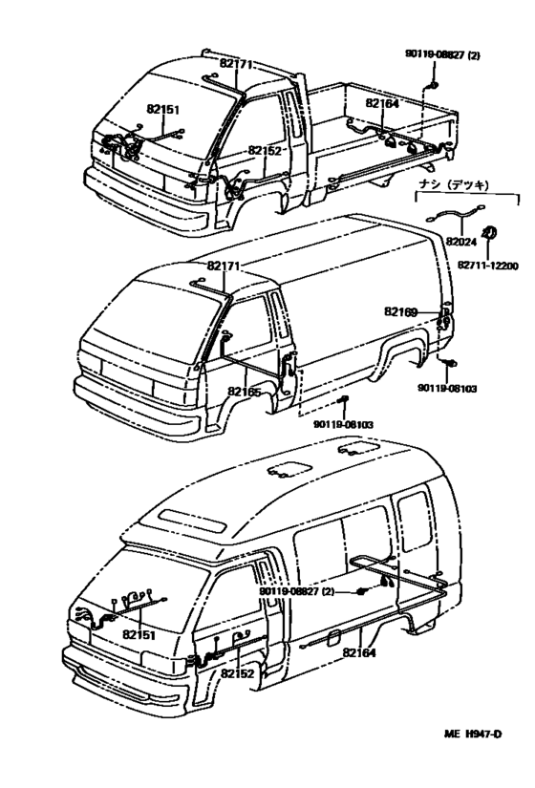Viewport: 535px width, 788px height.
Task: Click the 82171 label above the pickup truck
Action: click(236, 64)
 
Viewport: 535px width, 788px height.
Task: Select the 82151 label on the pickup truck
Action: click(161, 110)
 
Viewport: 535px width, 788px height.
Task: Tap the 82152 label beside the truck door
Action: click(265, 150)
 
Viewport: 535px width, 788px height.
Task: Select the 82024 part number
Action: click(460, 242)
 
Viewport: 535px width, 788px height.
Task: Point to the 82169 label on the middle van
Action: click(402, 311)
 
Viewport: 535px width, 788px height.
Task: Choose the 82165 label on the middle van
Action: click(245, 391)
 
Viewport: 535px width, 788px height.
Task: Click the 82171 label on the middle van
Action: click(223, 265)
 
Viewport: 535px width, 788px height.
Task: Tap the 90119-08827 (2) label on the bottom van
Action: click(298, 592)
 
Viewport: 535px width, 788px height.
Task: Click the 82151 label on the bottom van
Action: click(139, 634)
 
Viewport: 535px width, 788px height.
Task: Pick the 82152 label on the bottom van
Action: click(237, 673)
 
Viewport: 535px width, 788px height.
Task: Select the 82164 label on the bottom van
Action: click(358, 651)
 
